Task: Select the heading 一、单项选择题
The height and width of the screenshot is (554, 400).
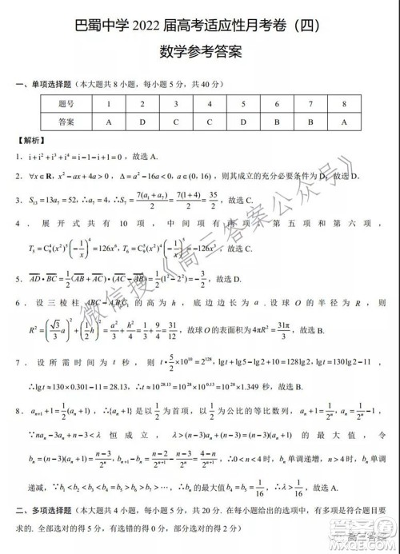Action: pos(46,84)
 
